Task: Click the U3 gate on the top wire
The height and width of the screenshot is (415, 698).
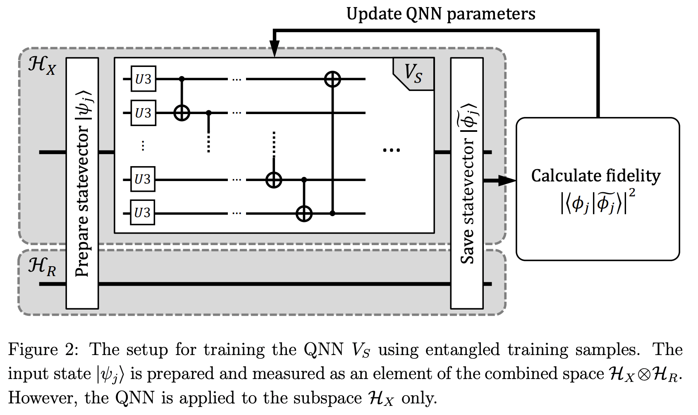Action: pos(143,79)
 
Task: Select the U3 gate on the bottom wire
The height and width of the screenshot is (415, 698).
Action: pos(143,212)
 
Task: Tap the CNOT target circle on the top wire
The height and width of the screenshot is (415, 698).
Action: pos(332,79)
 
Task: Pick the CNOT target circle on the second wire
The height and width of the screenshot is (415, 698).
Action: pos(182,112)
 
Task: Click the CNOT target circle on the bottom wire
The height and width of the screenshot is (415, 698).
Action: pos(304,214)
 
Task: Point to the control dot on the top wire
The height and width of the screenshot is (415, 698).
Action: pos(182,79)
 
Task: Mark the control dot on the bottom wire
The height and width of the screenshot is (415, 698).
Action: pos(332,214)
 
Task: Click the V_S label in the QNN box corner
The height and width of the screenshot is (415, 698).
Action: pos(414,74)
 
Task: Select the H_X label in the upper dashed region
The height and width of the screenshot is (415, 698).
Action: pos(42,66)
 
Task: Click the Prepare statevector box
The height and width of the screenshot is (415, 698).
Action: pos(82,183)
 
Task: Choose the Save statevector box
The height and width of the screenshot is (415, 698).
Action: pos(467,183)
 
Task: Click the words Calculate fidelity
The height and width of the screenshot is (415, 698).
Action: pos(596,176)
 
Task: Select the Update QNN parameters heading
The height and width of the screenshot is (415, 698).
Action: pos(441,14)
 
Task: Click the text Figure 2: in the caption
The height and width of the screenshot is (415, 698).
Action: pos(43,350)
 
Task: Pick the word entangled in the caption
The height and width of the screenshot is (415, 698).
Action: pos(463,350)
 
